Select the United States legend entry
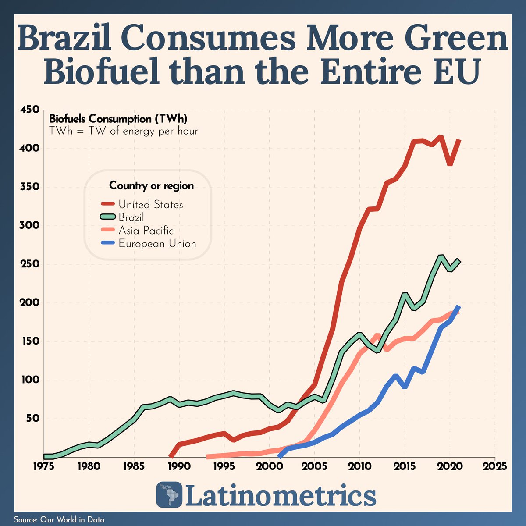150,205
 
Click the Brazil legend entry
131,217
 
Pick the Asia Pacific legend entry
146,231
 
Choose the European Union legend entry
157,244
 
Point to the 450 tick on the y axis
30,110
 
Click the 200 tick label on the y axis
30,302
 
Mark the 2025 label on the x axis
495,466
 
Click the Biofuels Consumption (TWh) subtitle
118,119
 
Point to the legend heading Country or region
151,186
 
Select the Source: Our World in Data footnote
60,520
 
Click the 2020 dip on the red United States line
450,164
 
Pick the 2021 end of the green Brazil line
459,261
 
